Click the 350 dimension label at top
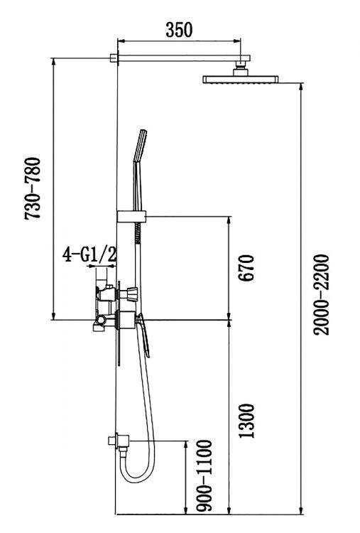pyautogui.click(x=178, y=29)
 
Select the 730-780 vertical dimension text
pyautogui.click(x=33, y=188)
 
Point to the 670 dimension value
pyautogui.click(x=246, y=267)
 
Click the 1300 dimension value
pyautogui.click(x=246, y=421)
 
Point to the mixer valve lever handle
pyautogui.click(x=144, y=338)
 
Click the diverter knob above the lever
pyautogui.click(x=132, y=293)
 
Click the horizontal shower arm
pyautogui.click(x=181, y=58)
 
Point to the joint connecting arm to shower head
pyautogui.click(x=242, y=68)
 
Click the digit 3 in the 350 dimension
pyautogui.click(x=169, y=29)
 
